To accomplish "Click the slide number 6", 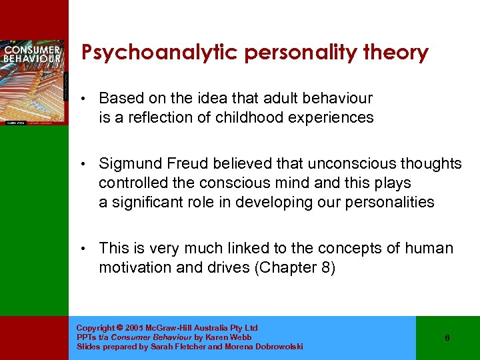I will [447, 338].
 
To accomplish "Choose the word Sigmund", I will [129, 164].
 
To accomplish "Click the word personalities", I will [389, 202].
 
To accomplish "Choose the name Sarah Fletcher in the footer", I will [173, 347].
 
